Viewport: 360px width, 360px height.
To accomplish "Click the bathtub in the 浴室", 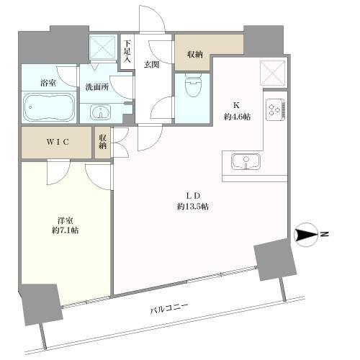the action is (x=49, y=107).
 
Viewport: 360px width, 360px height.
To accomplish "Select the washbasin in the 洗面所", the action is (x=100, y=112).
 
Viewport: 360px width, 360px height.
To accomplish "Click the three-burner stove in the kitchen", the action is (x=276, y=109).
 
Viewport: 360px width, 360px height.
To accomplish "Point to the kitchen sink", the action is (x=246, y=162).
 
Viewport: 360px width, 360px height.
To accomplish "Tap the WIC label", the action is (x=58, y=142).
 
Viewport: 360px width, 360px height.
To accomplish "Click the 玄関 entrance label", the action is (x=151, y=64).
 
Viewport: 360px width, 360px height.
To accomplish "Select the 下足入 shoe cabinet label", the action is (x=127, y=51).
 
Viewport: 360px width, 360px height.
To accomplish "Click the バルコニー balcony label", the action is (x=168, y=308).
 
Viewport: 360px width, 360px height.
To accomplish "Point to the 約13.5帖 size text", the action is (x=193, y=206).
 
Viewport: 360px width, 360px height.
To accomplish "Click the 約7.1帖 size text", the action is (x=65, y=230).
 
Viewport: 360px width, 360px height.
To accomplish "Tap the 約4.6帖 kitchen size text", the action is (x=238, y=117).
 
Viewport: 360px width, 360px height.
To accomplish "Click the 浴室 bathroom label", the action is (x=48, y=84).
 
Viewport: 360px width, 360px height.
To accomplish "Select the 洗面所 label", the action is (x=97, y=87).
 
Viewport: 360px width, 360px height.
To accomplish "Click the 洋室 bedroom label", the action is (x=65, y=220).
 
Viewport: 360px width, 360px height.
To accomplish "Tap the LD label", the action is (x=193, y=196).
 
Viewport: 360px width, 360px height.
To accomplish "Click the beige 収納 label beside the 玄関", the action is (x=195, y=55).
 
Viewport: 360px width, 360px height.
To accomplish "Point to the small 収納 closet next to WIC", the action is (x=103, y=142).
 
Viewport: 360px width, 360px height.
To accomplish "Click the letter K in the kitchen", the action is (x=237, y=105).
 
